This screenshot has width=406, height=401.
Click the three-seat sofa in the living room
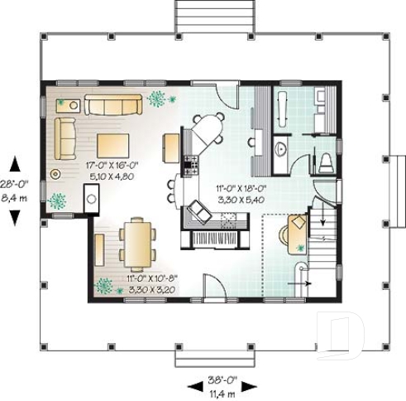pos(114,104)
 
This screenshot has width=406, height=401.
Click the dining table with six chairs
pos(136,240)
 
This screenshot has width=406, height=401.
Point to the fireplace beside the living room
pos(93,198)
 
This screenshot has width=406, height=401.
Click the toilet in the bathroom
pos(326,159)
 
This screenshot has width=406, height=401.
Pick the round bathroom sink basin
pos(281,147)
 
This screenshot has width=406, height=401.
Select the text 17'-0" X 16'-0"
pos(112,166)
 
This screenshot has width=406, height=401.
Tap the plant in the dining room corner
pos(103,286)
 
